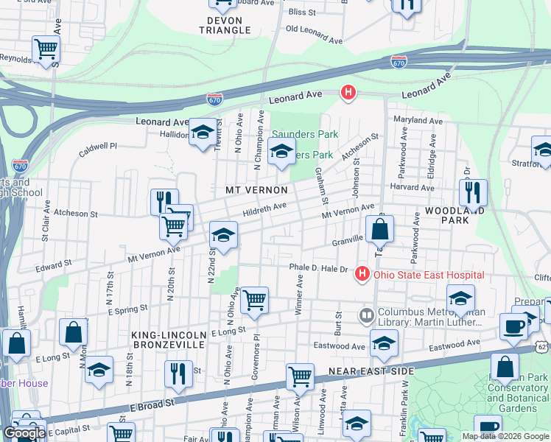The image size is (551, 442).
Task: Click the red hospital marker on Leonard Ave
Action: [x=348, y=93]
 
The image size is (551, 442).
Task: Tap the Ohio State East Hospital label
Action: [x=429, y=275]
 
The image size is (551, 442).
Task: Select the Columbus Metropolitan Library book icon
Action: [x=366, y=316]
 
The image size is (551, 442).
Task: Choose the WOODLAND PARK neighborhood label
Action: [x=455, y=216]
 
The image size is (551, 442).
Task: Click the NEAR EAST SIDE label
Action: [x=372, y=371]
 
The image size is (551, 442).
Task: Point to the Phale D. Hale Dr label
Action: [x=318, y=267]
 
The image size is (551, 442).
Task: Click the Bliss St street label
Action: [x=302, y=13]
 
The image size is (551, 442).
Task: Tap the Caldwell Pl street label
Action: [x=98, y=146]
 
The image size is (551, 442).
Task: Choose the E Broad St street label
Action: [x=153, y=404]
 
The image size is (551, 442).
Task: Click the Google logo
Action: [x=24, y=433]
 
